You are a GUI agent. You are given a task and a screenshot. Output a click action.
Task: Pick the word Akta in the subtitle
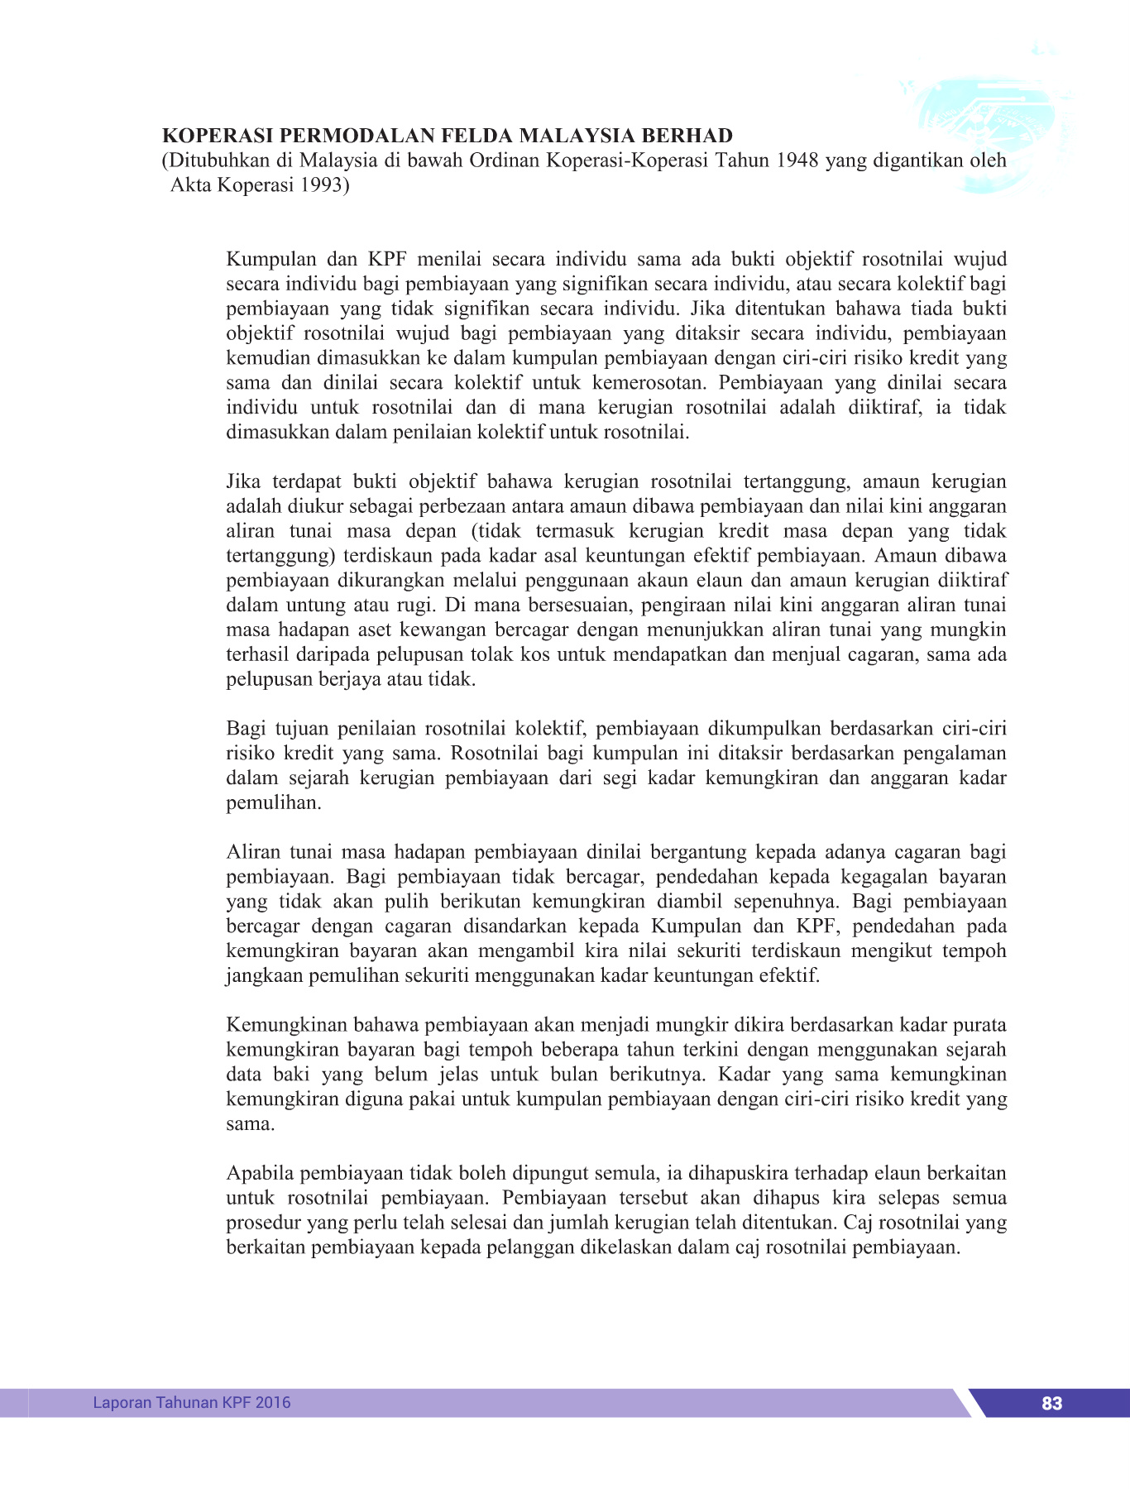click(191, 185)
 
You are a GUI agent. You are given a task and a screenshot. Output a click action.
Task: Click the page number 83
click(1051, 1403)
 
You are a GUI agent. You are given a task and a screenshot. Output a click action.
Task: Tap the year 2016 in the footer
click(273, 1402)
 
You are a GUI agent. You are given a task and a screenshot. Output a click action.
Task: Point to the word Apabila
click(260, 1174)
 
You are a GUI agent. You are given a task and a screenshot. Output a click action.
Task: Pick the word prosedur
click(265, 1223)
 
